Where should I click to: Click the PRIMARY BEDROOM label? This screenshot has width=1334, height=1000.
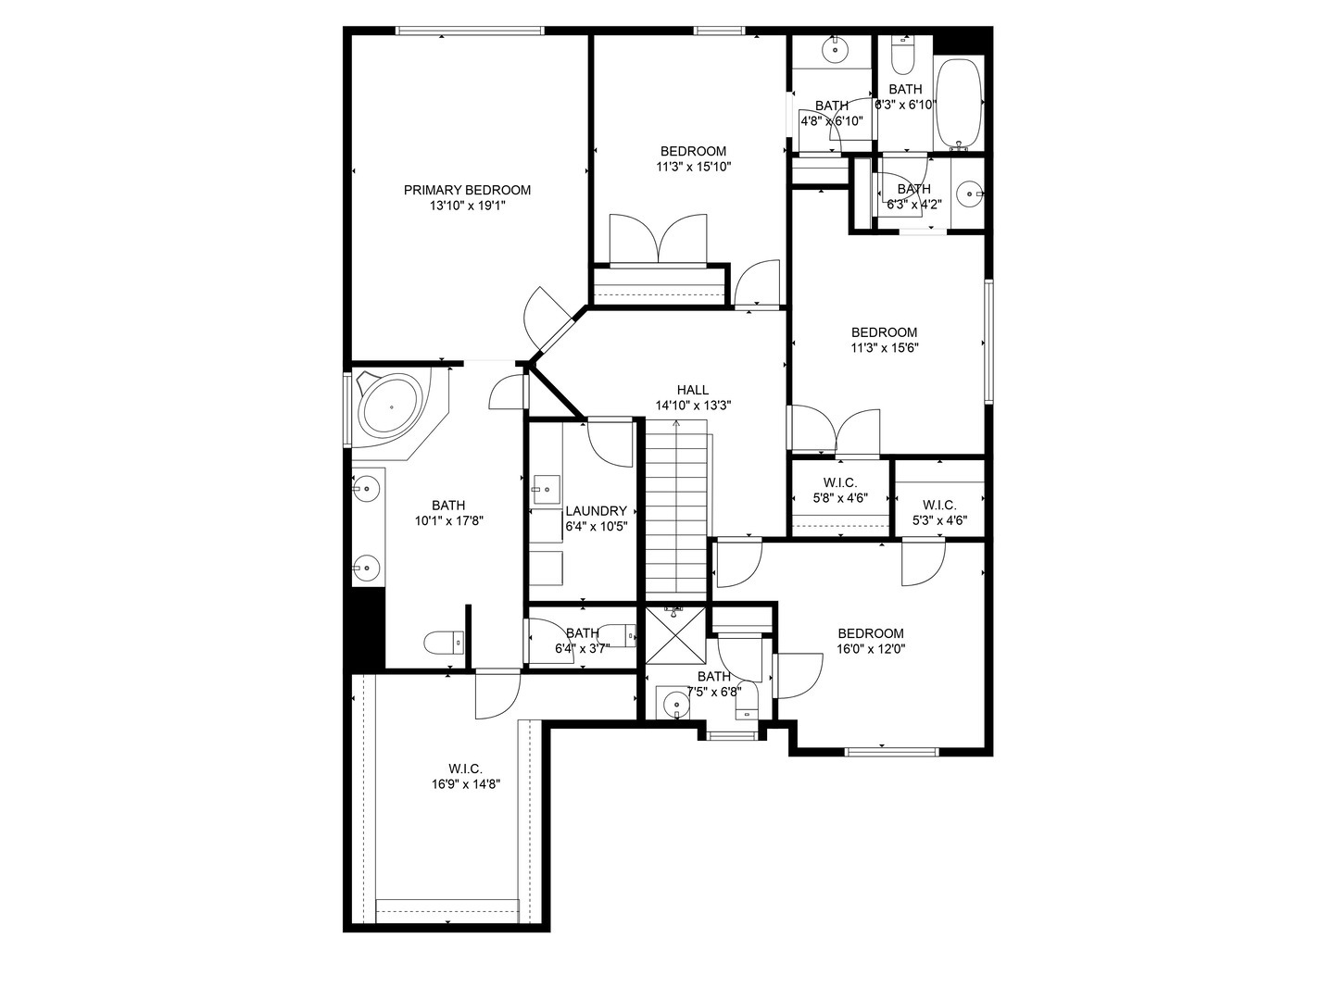(467, 190)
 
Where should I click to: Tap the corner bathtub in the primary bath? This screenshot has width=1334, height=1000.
(391, 406)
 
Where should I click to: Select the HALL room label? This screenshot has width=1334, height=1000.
(692, 390)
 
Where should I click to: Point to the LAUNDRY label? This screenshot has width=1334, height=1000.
(596, 511)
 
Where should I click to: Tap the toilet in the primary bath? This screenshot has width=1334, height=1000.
(443, 642)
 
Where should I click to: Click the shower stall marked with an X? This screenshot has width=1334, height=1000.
(675, 635)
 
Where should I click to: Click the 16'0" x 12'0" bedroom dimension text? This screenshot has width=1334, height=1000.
(870, 649)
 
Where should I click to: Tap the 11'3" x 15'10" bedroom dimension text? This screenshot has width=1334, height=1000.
(693, 168)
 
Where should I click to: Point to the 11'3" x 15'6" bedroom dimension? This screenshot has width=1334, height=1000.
(884, 348)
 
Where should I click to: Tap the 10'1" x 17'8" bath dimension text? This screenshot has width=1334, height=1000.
(448, 520)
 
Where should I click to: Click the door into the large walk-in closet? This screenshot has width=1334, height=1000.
(497, 694)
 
